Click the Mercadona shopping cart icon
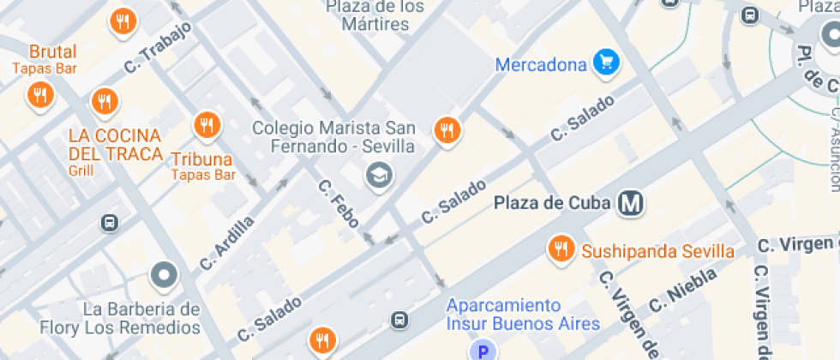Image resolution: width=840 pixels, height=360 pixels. [607, 63]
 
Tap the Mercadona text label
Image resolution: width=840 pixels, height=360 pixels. [542, 64]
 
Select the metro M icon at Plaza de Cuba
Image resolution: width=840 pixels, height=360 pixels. [632, 203]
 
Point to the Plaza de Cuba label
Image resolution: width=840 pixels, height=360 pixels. [553, 204]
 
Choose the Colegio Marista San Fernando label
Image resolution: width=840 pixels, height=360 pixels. [333, 136]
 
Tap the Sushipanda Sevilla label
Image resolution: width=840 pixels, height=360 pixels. [657, 251]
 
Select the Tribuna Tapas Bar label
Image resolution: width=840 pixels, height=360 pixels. [202, 165]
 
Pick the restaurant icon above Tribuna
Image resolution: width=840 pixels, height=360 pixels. [206, 126]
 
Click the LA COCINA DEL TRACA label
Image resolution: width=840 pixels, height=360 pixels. [116, 145]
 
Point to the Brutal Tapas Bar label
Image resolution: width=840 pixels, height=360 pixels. [52, 58]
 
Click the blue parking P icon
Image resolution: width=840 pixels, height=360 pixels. [483, 350]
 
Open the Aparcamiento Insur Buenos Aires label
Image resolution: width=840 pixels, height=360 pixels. [503, 315]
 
